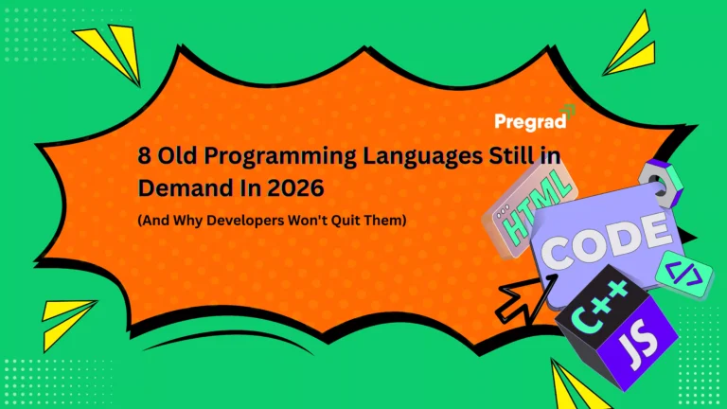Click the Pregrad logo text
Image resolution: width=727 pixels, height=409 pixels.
tap(528, 122)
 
